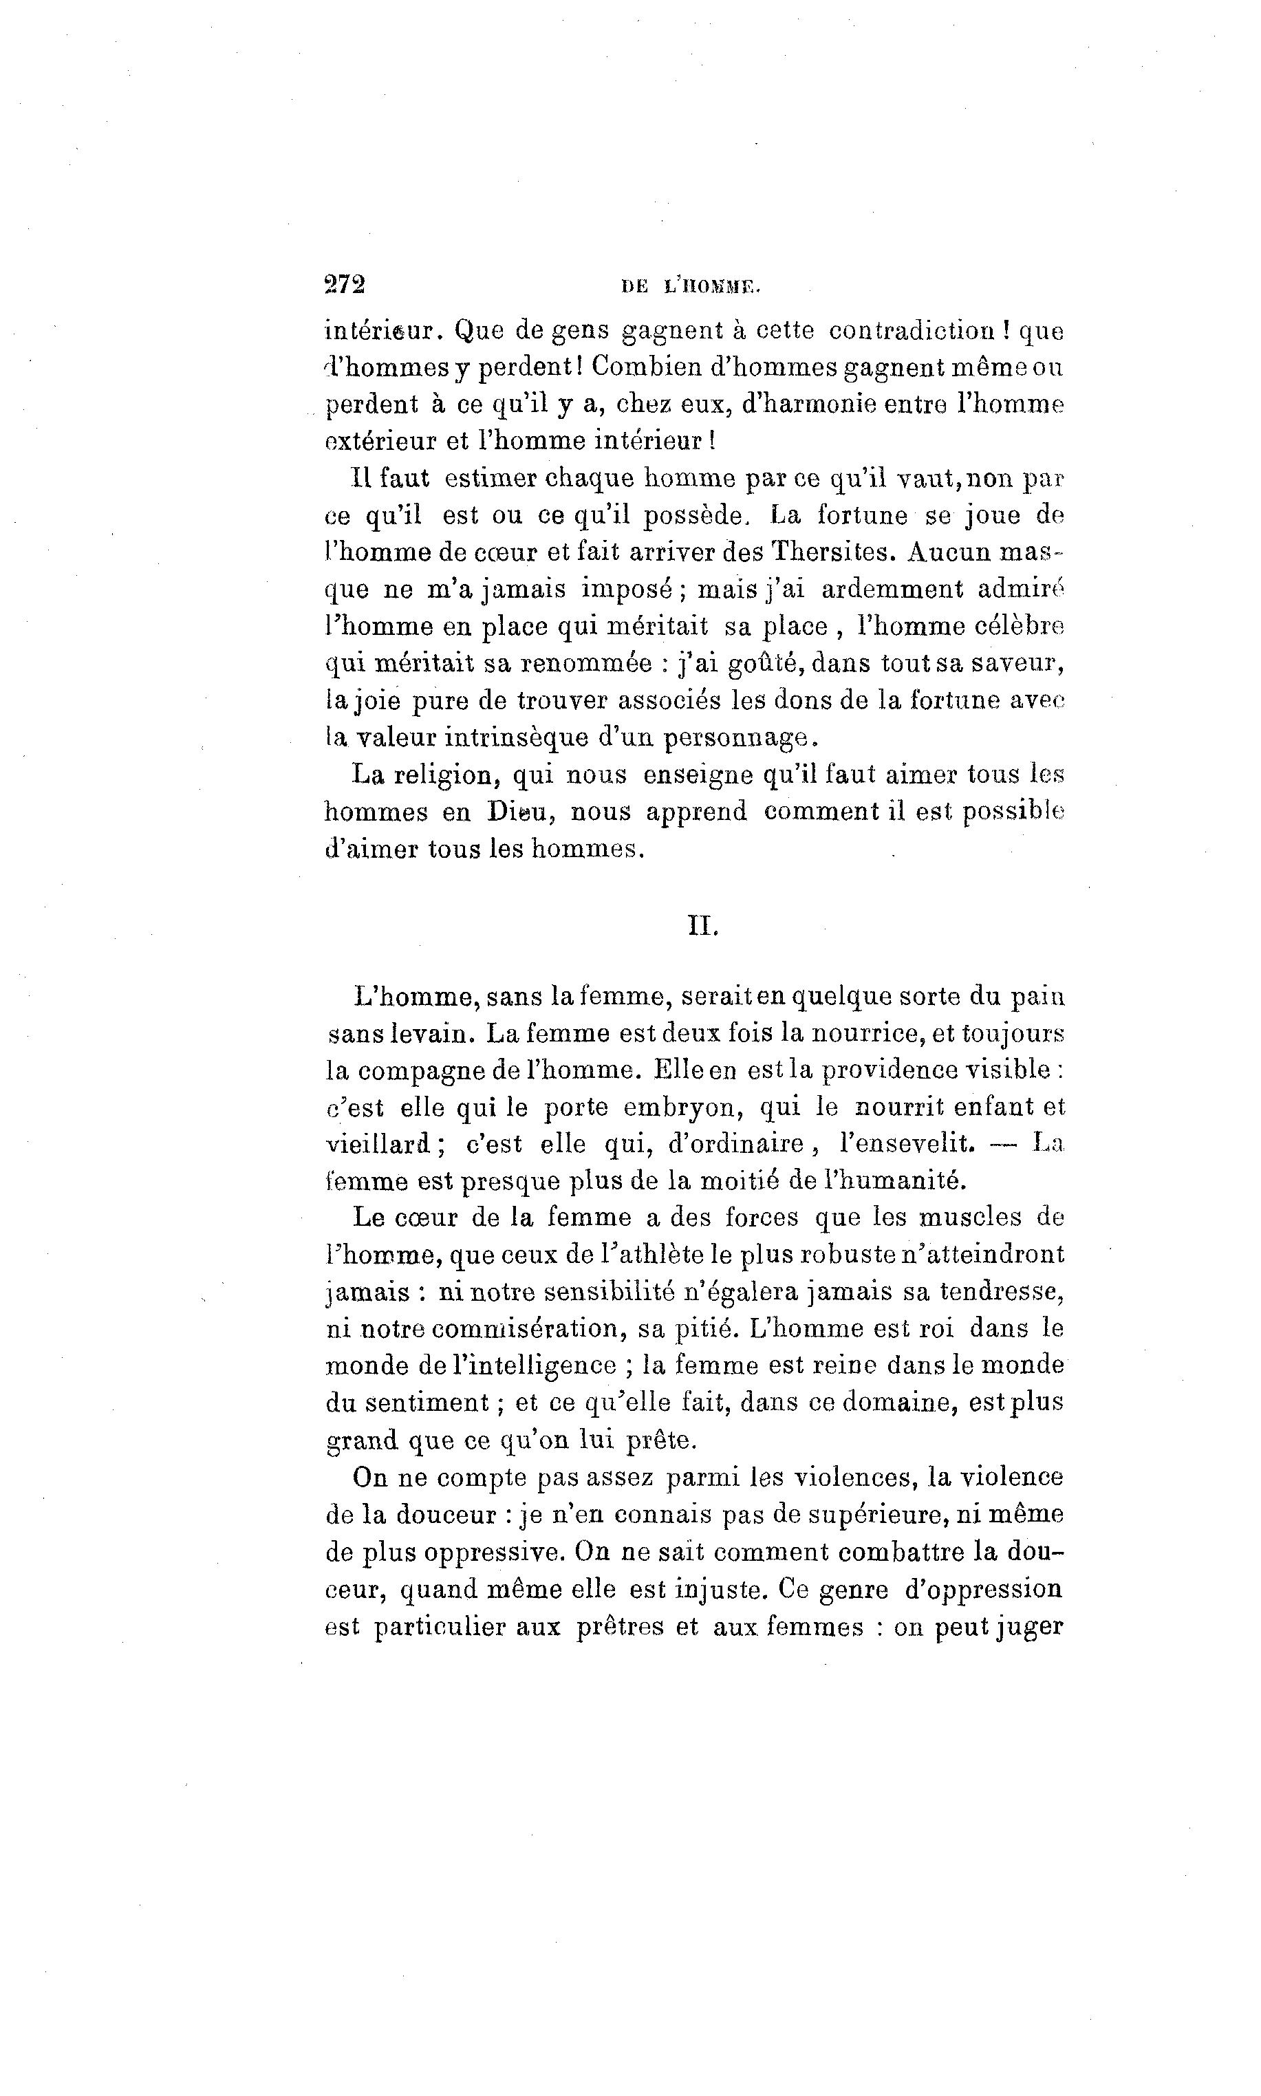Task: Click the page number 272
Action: point(344,284)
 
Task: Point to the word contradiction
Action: point(913,329)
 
